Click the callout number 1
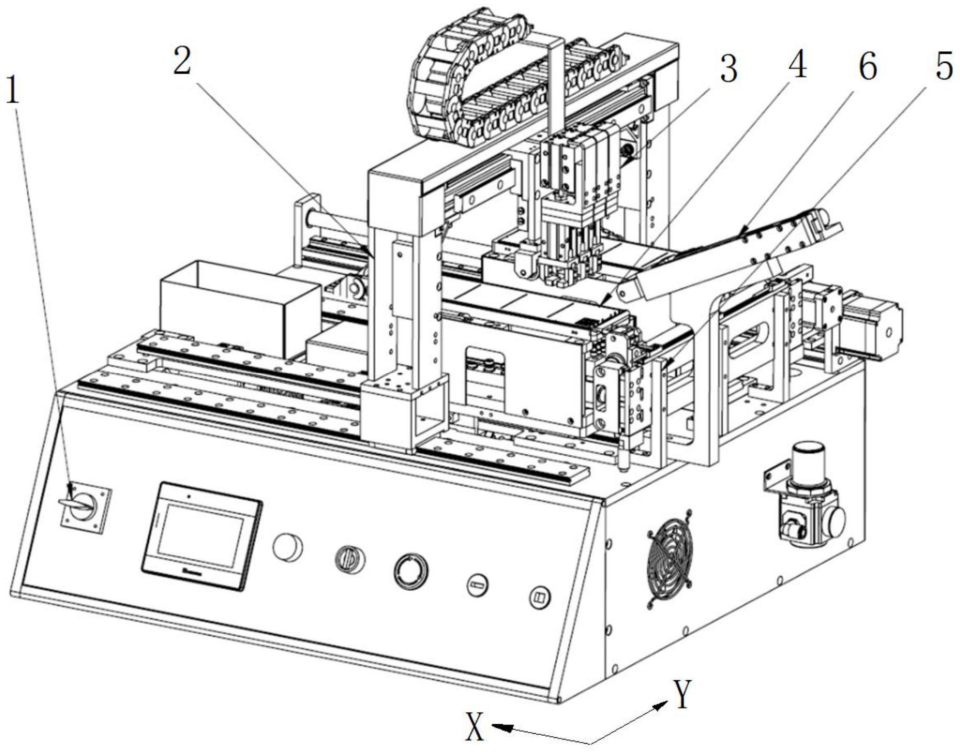pos(13,89)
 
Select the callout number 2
pos(182,61)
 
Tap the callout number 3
pos(729,68)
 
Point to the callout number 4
pos(797,65)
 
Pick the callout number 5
pos(944,66)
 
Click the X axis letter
pos(475,727)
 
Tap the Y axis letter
pos(682,694)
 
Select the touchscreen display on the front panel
pos(202,536)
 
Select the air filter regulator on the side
pos(807,497)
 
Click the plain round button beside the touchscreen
pos(288,547)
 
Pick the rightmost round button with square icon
pos(539,597)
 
